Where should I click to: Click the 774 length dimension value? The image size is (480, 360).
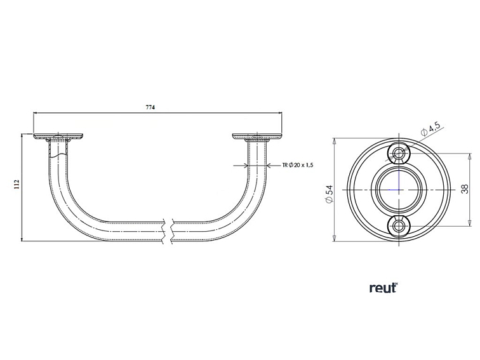coord(150,109)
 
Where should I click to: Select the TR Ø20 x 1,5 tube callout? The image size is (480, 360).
coord(298,165)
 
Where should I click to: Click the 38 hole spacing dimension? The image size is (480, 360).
coord(465,189)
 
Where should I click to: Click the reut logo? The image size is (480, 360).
coord(383,288)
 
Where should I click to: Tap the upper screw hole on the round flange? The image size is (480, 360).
coord(399,153)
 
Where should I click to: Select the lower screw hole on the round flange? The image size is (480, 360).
coord(399,225)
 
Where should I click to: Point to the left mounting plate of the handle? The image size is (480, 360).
coord(58,136)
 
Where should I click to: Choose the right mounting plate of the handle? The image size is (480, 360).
coord(257,136)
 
